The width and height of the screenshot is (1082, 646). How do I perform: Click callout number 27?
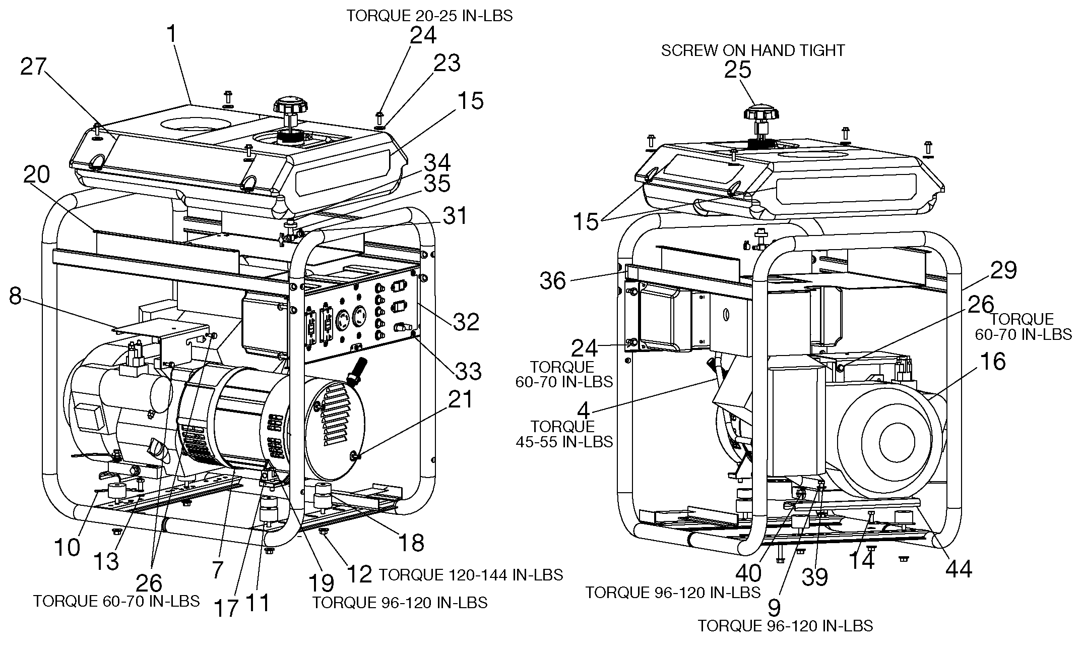[x=33, y=68]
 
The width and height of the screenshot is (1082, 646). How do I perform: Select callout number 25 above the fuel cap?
[x=738, y=70]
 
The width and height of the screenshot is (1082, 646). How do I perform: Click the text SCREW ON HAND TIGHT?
[x=753, y=50]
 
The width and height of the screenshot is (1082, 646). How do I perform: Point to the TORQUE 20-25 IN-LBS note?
[x=429, y=16]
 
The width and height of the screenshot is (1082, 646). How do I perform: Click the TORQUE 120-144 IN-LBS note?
[x=471, y=575]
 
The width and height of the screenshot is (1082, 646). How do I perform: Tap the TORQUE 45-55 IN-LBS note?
[x=564, y=434]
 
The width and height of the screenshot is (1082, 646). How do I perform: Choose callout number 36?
[x=553, y=280]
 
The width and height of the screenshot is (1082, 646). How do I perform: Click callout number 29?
[x=1003, y=271]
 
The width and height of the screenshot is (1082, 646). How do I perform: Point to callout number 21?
[x=461, y=399]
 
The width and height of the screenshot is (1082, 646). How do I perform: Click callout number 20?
[x=36, y=175]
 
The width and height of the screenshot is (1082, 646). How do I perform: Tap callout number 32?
[x=466, y=322]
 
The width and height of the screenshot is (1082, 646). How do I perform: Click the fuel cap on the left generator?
[x=286, y=106]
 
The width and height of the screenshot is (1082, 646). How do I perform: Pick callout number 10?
[x=67, y=547]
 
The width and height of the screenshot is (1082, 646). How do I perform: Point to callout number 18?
[x=411, y=543]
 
